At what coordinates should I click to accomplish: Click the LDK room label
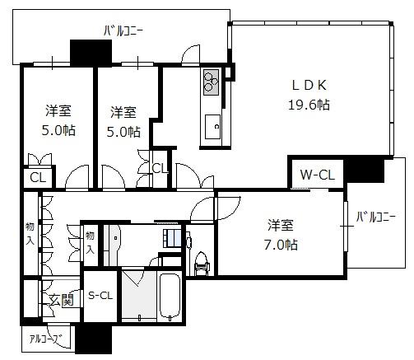tap(309, 85)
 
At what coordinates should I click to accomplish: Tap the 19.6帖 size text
tap(309, 105)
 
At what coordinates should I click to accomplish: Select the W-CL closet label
tap(318, 175)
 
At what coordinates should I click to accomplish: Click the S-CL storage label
tap(100, 296)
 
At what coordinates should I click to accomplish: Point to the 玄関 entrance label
tap(62, 300)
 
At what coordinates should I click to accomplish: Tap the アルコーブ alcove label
tap(45, 339)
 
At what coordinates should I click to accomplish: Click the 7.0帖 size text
tap(281, 245)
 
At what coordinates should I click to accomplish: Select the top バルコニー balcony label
tap(123, 31)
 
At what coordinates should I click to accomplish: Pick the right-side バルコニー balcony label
tap(376, 217)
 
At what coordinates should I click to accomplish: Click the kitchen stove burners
tap(211, 82)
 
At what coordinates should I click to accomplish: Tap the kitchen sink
tap(212, 127)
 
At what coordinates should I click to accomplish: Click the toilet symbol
tap(202, 263)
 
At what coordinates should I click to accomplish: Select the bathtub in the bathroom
tap(170, 296)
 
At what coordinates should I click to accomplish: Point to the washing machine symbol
tap(172, 238)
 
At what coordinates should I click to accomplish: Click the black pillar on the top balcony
tap(91, 53)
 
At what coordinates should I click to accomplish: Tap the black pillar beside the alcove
tap(94, 339)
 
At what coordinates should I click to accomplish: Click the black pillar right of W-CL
tap(365, 171)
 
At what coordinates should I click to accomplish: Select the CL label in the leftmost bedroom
tap(38, 177)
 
